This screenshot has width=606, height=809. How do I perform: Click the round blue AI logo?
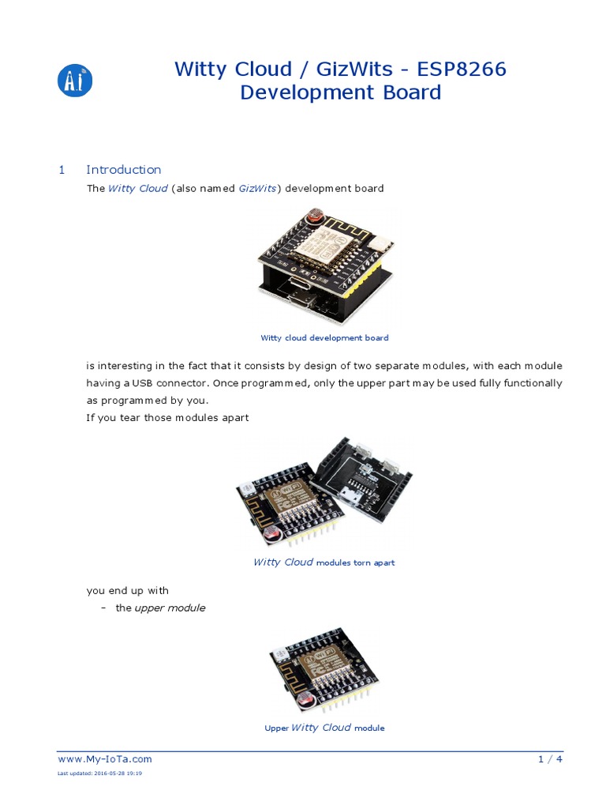click(x=76, y=81)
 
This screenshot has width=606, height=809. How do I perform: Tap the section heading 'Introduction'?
click(x=123, y=169)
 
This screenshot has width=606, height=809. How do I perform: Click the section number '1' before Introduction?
click(x=62, y=169)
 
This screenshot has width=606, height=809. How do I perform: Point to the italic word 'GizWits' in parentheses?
click(x=258, y=189)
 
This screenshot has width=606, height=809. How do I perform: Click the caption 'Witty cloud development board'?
click(x=324, y=337)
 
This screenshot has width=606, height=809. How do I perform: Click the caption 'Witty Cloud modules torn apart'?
click(x=324, y=563)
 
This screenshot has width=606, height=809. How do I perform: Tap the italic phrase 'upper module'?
click(x=170, y=608)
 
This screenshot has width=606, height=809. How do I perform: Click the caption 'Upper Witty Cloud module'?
click(x=324, y=728)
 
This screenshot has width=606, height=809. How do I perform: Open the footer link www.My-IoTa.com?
click(x=105, y=759)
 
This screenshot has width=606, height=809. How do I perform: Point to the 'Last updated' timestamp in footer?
click(x=99, y=773)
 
